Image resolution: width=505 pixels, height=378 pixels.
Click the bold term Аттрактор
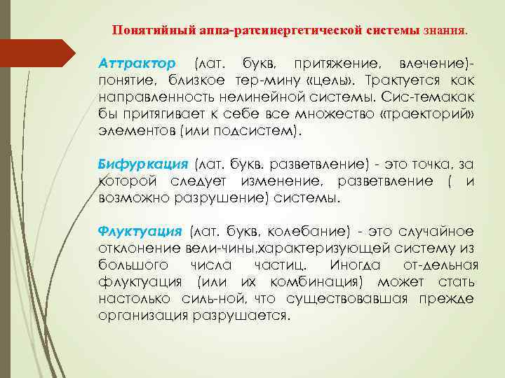pos(137,64)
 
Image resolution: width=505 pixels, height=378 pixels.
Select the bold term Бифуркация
pos(143,164)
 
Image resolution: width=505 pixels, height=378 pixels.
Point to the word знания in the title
pos(444,31)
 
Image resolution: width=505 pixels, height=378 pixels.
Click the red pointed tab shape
pos(42,53)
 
